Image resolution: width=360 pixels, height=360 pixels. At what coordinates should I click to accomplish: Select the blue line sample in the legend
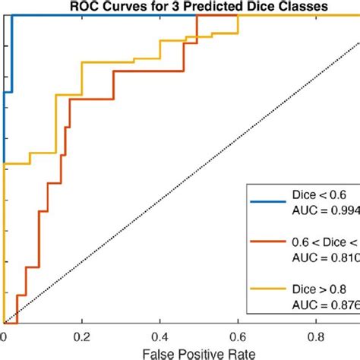pyautogui.click(x=267, y=201)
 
